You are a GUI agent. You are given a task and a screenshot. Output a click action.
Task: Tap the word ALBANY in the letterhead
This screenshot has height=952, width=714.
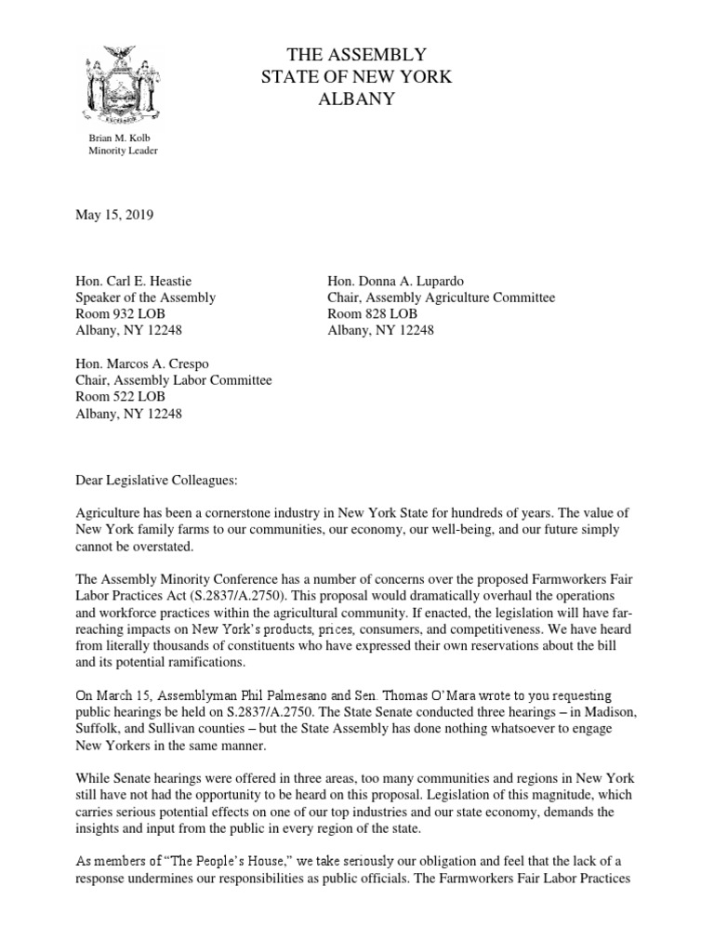click(x=357, y=99)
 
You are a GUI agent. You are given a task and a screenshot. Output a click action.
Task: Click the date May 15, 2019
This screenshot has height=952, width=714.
click(x=114, y=215)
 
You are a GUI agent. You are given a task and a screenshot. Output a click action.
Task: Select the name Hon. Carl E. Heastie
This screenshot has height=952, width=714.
click(x=135, y=282)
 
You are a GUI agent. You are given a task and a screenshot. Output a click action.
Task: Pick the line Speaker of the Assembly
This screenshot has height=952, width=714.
click(x=145, y=297)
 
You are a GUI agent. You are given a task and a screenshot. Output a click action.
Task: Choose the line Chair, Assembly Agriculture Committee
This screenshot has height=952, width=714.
click(x=441, y=297)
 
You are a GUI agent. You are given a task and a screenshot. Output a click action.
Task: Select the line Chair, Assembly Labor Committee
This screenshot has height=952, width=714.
click(x=173, y=379)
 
